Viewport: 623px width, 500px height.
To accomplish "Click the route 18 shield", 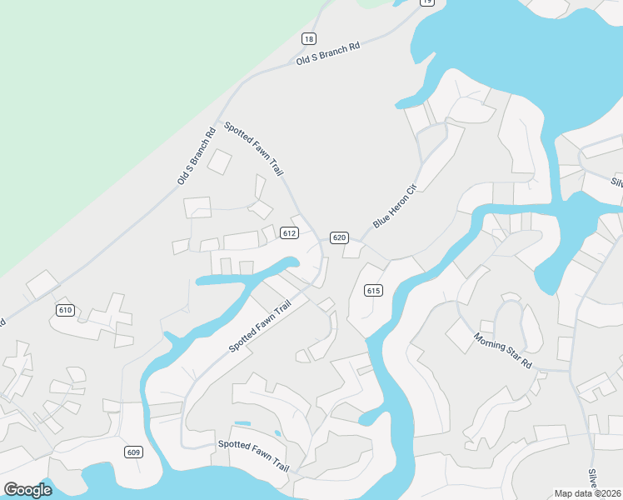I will tap(309, 39).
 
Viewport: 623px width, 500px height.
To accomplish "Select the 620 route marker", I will tap(338, 237).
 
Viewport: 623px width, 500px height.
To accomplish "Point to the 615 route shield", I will tap(372, 290).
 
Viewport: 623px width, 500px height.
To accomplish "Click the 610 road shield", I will tap(66, 310).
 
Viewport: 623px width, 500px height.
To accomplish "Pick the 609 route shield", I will tap(133, 452).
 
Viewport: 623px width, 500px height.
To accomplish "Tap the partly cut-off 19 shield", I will tap(426, 2).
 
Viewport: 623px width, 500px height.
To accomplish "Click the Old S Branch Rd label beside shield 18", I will tap(328, 52).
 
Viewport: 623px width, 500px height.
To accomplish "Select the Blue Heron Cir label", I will tap(393, 206).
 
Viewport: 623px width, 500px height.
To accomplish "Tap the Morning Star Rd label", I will tap(502, 351).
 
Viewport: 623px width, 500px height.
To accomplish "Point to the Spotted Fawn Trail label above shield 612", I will tap(254, 148).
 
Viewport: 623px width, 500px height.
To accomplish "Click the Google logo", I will tap(27, 489).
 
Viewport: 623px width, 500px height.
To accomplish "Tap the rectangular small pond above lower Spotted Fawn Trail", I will tap(242, 423).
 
